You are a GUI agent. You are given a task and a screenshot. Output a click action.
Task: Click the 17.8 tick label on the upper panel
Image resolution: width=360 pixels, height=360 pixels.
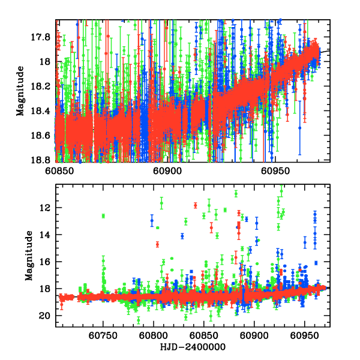[x=42, y=37]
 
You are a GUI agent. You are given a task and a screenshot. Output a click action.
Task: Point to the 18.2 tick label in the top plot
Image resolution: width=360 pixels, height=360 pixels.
[x=42, y=86]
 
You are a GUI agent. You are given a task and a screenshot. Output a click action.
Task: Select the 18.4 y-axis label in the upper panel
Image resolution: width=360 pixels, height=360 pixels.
[x=42, y=111]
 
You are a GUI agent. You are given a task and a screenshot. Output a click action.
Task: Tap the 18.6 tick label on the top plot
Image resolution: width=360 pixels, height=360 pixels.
[x=42, y=136]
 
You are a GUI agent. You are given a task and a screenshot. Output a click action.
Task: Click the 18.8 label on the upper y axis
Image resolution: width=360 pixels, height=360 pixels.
[x=42, y=160]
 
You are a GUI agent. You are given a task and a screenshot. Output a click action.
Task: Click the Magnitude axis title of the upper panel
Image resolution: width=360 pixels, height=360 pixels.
[x=20, y=91]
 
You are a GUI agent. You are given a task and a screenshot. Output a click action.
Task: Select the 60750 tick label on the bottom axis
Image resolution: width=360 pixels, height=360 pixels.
[x=103, y=337]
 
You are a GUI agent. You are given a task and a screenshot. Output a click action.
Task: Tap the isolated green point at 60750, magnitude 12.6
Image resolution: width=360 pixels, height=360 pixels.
[x=103, y=216]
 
